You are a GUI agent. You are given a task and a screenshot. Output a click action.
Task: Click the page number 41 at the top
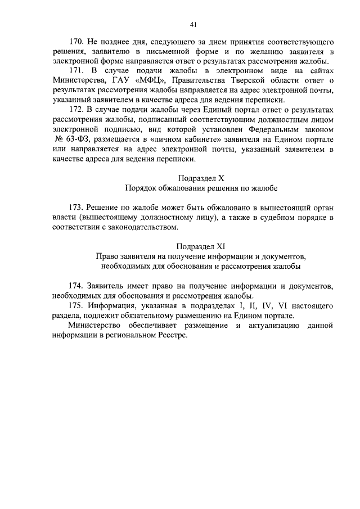pyautogui.click(x=192, y=24)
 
